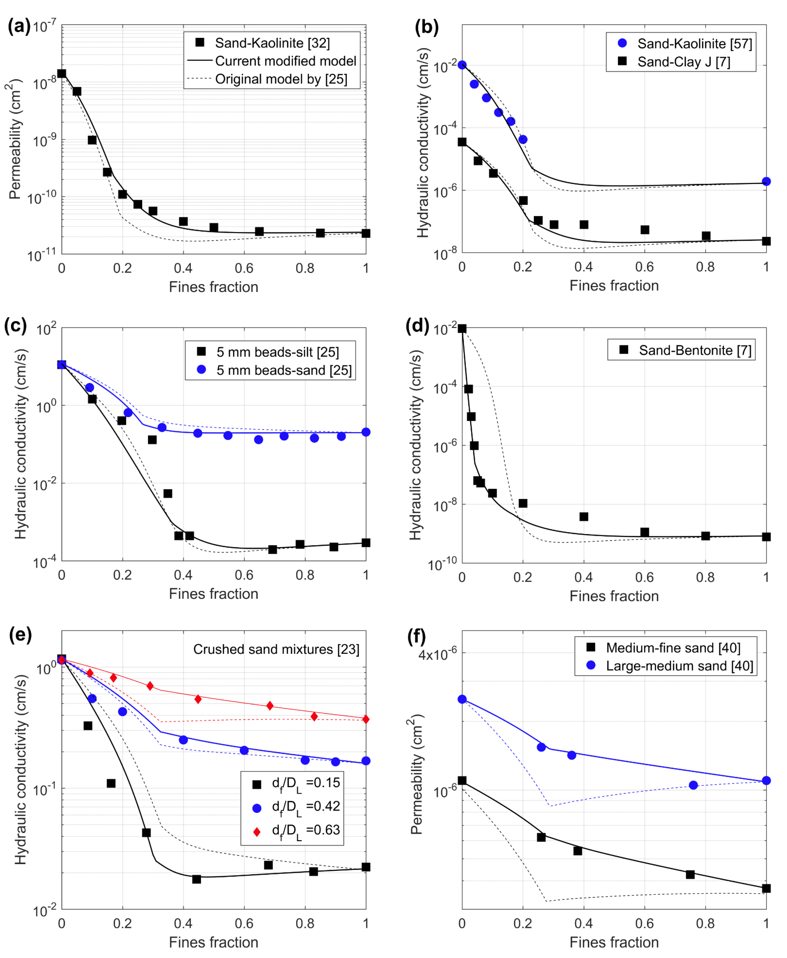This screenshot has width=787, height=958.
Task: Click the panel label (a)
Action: [x=19, y=26]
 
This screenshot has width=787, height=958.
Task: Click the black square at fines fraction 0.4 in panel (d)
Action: [x=584, y=517]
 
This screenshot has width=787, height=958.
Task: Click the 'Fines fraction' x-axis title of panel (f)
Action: [x=614, y=942]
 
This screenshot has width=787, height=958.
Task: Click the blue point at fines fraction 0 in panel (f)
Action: [x=462, y=699]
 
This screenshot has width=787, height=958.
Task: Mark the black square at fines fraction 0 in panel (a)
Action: [x=62, y=73]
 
